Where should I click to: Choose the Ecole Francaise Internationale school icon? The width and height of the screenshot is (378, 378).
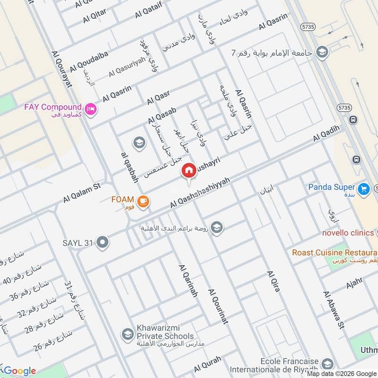[x=326, y=364]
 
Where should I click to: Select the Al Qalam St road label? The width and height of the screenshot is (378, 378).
[x=82, y=194]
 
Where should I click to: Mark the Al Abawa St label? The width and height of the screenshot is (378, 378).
[x=333, y=310]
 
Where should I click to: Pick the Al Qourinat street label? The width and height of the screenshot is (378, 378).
[x=218, y=307]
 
